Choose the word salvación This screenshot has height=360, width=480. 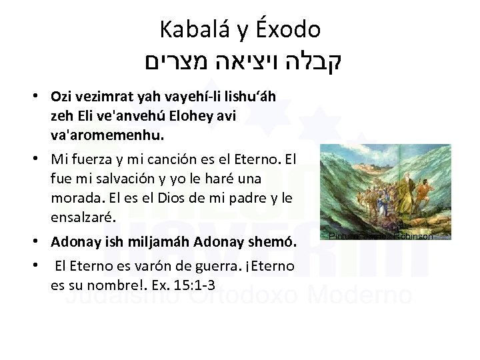tap(110, 179)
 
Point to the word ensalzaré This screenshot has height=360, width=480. tap(83, 217)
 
